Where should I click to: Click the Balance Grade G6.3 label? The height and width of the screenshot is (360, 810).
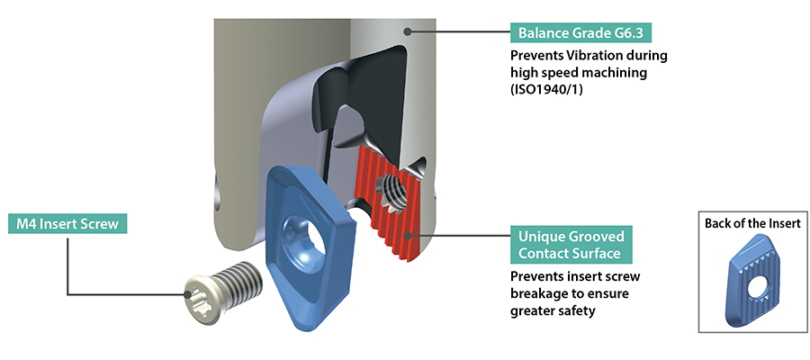[x=580, y=34]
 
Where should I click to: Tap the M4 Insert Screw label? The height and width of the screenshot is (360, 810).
[x=67, y=223]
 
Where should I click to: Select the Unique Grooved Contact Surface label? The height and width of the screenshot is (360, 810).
[x=571, y=245]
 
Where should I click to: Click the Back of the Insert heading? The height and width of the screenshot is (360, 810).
[x=752, y=223]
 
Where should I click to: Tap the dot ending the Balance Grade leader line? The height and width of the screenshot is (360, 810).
[x=408, y=31]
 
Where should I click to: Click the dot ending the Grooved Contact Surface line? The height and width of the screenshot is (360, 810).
[x=409, y=236]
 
